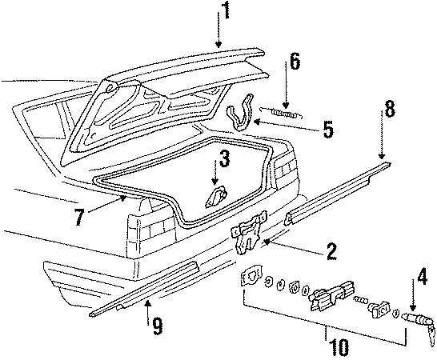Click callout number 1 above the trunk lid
pos(226,10)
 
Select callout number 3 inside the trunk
pos(225,160)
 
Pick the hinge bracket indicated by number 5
pos(239,114)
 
